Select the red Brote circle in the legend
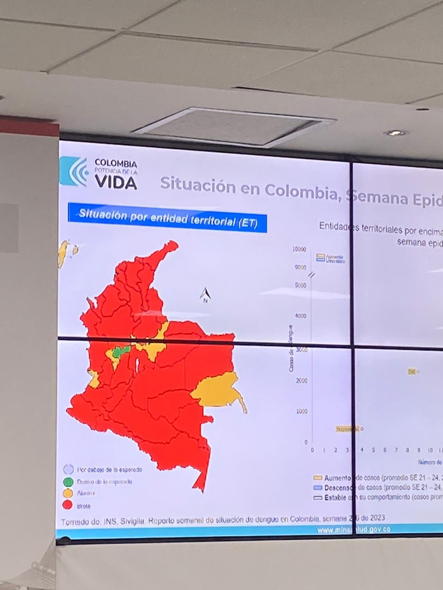point(68,505)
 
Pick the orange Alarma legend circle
point(68,493)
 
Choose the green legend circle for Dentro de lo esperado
point(68,482)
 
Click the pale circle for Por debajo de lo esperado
point(68,470)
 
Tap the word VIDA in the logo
point(116,183)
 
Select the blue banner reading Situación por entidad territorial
point(167,218)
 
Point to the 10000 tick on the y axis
point(299,249)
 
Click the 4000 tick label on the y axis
point(300,316)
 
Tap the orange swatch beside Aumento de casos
point(317,478)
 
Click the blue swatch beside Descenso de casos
point(317,488)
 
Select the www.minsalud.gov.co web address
point(353,530)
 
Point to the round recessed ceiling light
point(395,133)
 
